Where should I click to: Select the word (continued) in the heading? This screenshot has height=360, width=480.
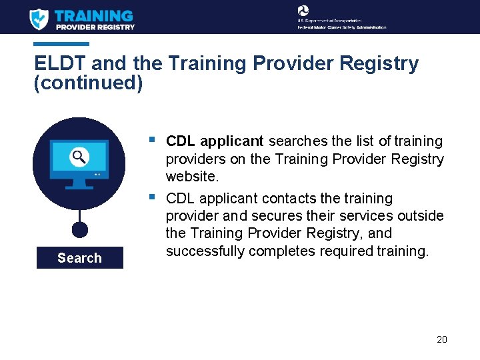coord(88,83)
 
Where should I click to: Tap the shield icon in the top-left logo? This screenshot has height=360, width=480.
coord(39,19)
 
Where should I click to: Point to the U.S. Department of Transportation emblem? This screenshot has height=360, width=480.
coord(303,11)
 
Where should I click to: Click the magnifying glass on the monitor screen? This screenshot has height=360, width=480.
coord(79,157)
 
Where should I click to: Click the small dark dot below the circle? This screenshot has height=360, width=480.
coord(79,230)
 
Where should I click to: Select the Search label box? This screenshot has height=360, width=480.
coord(79,258)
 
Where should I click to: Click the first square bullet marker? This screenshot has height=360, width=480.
coord(153,140)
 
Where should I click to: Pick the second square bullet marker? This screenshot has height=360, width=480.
coord(153,197)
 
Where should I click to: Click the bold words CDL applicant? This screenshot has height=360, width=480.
coord(215,141)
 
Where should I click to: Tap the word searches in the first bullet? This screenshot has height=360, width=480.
coord(299,141)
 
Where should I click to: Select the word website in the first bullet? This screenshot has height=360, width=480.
coord(192,177)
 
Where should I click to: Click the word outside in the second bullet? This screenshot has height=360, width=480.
coord(420,216)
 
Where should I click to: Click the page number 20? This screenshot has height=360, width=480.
coord(441,339)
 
